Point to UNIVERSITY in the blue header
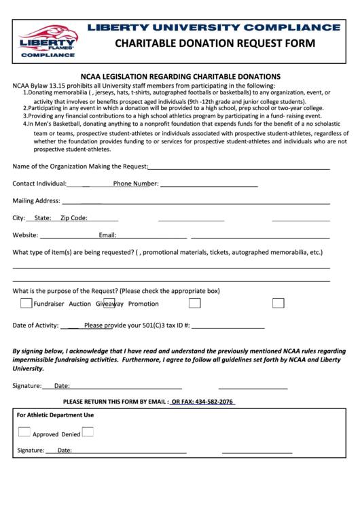coord(196,27)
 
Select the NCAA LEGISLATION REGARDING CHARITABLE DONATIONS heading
coord(181,77)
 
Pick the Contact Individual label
coord(39,183)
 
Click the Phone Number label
coord(136,183)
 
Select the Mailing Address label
coord(36,201)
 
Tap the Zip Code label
coord(73,218)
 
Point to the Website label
coord(25,235)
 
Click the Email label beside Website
coord(107,235)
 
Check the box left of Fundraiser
coord(26,303)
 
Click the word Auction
coord(79,304)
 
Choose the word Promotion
coord(143,304)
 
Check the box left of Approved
coord(24,432)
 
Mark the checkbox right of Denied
coord(88,432)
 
